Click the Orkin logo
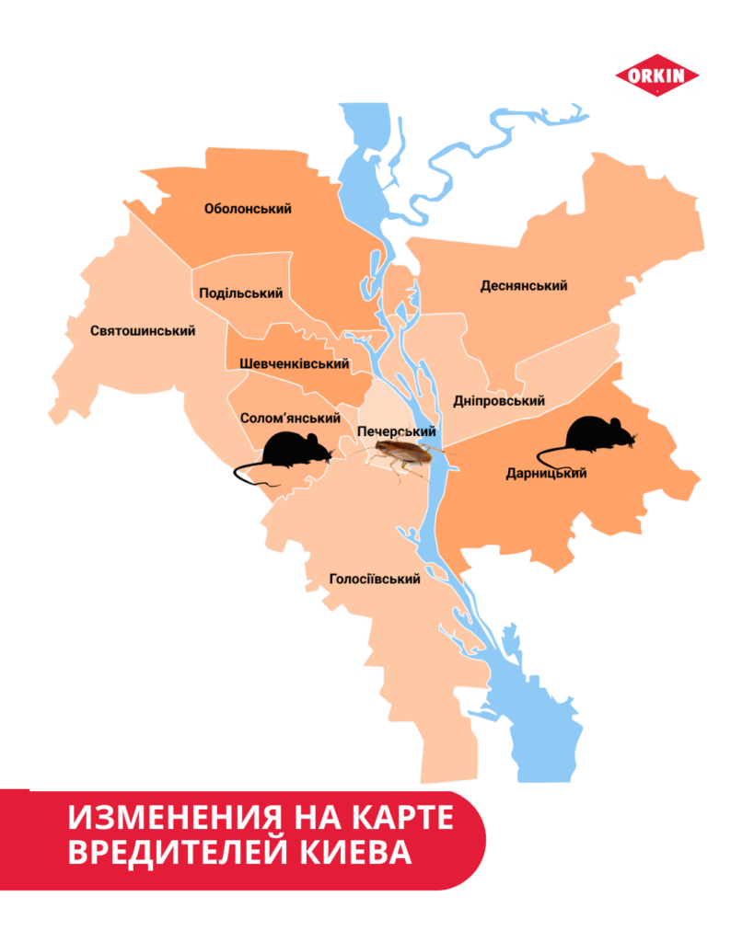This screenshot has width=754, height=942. [656, 76]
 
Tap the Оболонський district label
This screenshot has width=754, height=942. [248, 209]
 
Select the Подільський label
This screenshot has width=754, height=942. [240, 293]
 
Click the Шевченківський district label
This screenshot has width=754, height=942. [294, 364]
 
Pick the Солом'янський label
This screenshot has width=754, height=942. [290, 418]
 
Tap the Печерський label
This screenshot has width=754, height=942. [396, 432]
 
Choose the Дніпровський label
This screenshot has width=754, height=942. [499, 401]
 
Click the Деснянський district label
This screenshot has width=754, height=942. [524, 285]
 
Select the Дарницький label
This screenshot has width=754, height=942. [546, 475]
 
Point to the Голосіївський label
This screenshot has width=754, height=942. [375, 580]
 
